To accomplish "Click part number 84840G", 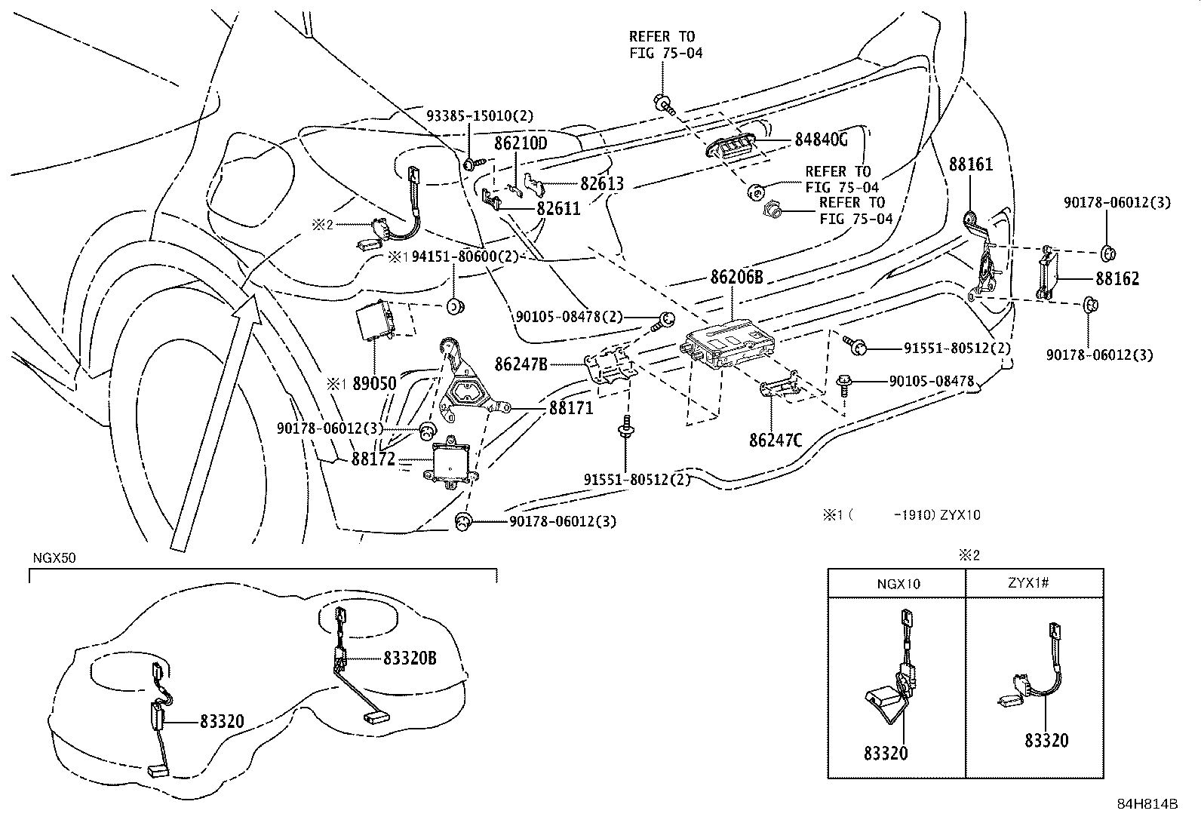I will pyautogui.click(x=821, y=140).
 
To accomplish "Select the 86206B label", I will pyautogui.click(x=736, y=278).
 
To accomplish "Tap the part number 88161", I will pyautogui.click(x=971, y=164).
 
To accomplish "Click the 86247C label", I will pyautogui.click(x=775, y=439).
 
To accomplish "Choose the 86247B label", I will pyautogui.click(x=521, y=364).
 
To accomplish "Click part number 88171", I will pyautogui.click(x=571, y=408).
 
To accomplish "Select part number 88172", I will pyautogui.click(x=373, y=459).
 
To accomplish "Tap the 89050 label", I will pyautogui.click(x=374, y=383).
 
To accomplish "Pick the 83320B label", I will pyautogui.click(x=410, y=658).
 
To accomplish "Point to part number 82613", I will pyautogui.click(x=602, y=183).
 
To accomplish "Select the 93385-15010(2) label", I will pyautogui.click(x=480, y=116).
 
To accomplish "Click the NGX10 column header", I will pyautogui.click(x=898, y=583).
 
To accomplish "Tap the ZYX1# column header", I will pyautogui.click(x=1035, y=583).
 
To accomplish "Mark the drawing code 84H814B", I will pyautogui.click(x=1147, y=804).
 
